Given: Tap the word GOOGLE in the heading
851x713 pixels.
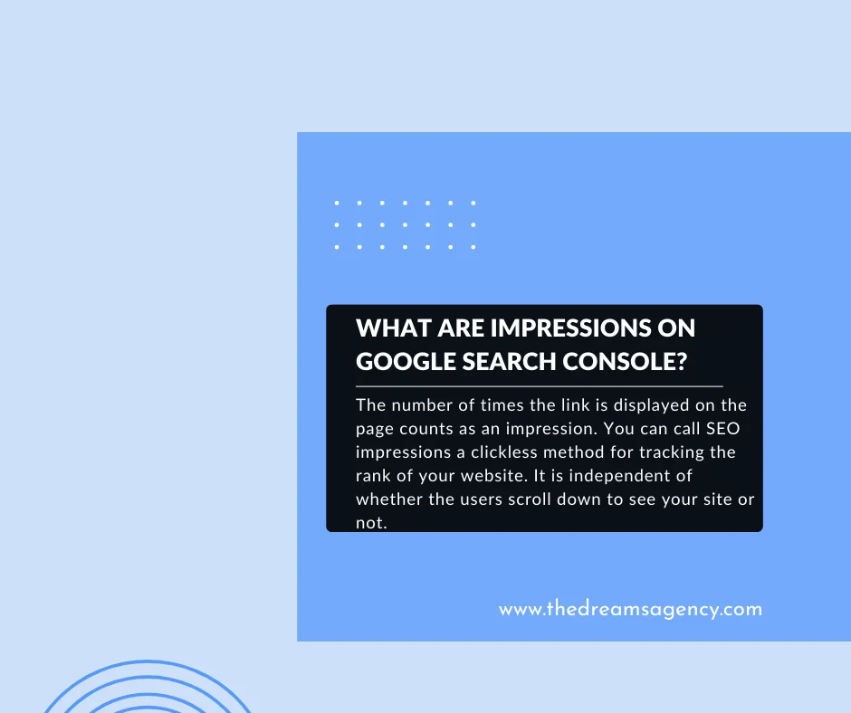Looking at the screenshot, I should click(x=398, y=361).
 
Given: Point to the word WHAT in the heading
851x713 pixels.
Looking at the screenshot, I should click(x=387, y=328).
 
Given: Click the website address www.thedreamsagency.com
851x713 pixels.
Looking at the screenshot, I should click(x=630, y=609).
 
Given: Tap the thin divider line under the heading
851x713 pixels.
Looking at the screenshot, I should click(x=540, y=386).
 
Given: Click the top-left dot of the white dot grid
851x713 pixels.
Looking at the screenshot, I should click(x=337, y=203).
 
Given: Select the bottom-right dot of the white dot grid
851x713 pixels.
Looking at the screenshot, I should click(x=473, y=246).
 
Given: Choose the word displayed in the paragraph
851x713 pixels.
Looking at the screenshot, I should click(x=649, y=405).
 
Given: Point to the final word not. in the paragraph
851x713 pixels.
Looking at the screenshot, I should click(x=372, y=523).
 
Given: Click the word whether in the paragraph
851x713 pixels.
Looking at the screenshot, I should click(x=389, y=499).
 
